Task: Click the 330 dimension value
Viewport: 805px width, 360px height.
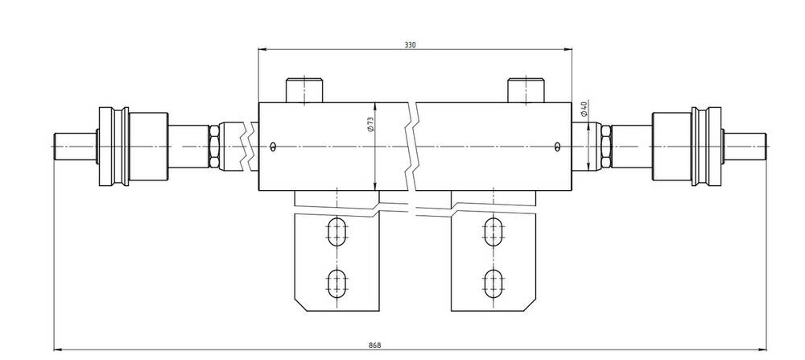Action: [409, 44]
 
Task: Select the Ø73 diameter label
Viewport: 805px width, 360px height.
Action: [369, 126]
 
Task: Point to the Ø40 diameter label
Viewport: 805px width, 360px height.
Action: [583, 109]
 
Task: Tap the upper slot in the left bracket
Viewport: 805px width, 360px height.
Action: [337, 232]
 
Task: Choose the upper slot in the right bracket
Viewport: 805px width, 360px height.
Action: [493, 232]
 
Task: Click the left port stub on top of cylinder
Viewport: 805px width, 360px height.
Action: [304, 90]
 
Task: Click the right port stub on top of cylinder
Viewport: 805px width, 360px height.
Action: [526, 90]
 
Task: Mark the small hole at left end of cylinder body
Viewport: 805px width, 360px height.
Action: [274, 147]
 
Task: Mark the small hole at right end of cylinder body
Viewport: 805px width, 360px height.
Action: [558, 147]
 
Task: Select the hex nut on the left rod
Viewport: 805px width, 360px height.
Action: [214, 147]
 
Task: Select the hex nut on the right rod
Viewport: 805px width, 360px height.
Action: [606, 147]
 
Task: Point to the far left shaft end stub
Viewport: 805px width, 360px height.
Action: [75, 147]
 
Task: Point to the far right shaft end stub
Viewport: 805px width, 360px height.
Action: [745, 147]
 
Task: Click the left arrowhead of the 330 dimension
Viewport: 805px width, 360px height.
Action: [262, 49]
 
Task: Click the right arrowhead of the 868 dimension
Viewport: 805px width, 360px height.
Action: [762, 350]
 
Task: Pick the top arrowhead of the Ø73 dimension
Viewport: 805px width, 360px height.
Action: [376, 107]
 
